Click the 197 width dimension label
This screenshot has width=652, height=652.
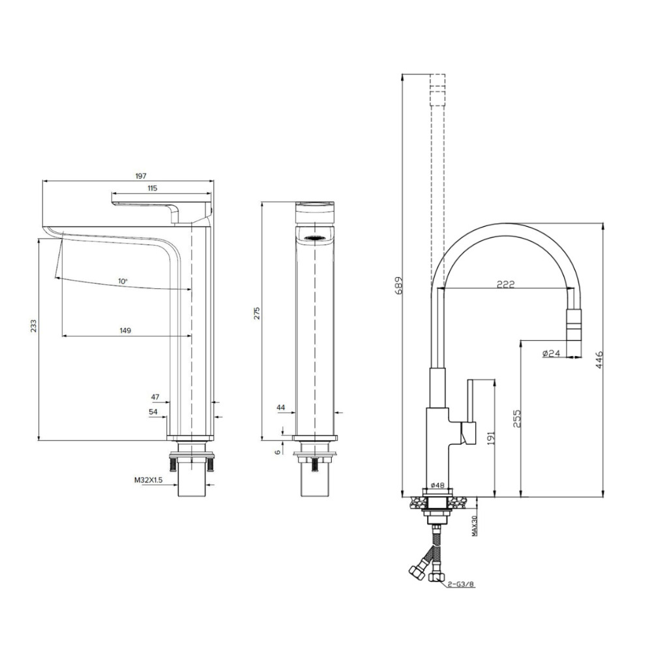pyautogui.click(x=141, y=176)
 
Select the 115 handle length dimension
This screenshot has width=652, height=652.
pyautogui.click(x=152, y=188)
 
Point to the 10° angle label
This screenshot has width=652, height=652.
pyautogui.click(x=123, y=281)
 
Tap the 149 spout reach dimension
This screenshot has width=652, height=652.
pyautogui.click(x=125, y=331)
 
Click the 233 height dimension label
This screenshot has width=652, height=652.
pyautogui.click(x=34, y=325)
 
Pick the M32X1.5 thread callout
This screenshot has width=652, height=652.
pyautogui.click(x=148, y=481)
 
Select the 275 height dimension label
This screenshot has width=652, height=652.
pyautogui.click(x=256, y=313)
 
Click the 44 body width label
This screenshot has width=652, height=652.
pyautogui.click(x=280, y=407)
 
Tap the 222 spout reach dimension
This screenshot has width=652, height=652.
pyautogui.click(x=506, y=284)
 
